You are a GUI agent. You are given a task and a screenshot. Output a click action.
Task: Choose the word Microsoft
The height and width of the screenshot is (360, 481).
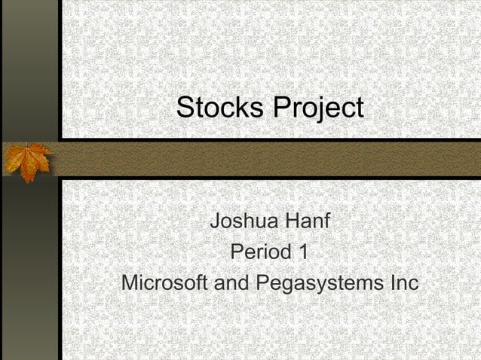click(x=166, y=285)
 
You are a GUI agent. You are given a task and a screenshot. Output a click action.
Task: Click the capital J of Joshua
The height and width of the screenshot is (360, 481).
click(x=216, y=223)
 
